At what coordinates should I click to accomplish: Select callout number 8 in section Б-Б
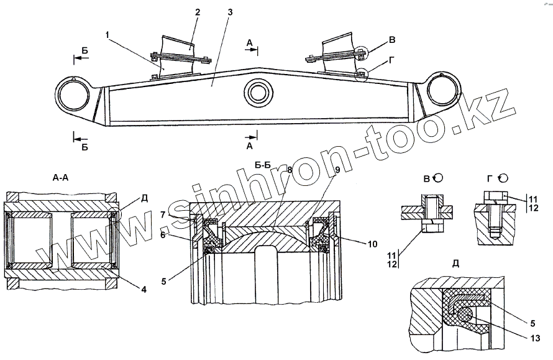[x=289, y=168]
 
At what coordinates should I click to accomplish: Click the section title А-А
[x=61, y=177]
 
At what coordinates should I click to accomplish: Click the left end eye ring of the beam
[x=73, y=96]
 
